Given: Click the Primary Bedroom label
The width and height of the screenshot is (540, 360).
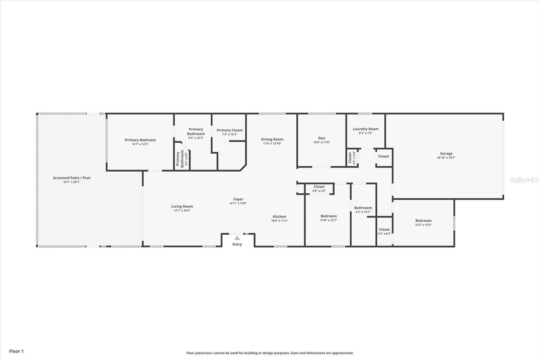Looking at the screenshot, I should click(x=140, y=140).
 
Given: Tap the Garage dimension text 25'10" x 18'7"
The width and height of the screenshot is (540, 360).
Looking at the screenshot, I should click(x=446, y=158).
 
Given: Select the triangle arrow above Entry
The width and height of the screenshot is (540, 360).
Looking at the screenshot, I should click(x=237, y=238).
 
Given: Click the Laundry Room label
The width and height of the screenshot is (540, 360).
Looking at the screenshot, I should click(x=366, y=129).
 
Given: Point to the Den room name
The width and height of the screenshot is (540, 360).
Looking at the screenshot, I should click(x=322, y=138).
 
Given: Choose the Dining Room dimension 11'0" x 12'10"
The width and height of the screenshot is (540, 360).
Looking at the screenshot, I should click(x=272, y=144).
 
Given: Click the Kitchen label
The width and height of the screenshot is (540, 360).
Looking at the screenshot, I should click(x=279, y=216).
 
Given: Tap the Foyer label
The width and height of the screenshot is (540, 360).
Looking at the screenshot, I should click(x=238, y=199).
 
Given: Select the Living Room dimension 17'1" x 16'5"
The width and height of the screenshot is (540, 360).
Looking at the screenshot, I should click(x=182, y=211).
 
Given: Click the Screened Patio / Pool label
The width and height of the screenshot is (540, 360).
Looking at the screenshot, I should click(x=72, y=178).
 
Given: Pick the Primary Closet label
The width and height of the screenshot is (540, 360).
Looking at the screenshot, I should click(x=230, y=130).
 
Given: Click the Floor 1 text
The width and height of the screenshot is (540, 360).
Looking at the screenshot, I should click(x=16, y=351).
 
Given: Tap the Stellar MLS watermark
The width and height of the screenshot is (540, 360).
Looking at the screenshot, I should click(x=524, y=180).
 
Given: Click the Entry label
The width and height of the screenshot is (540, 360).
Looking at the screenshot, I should click(x=237, y=244).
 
